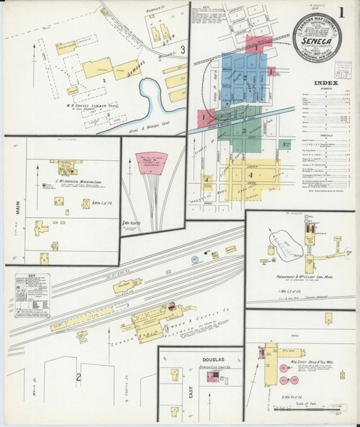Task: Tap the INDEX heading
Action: pos(325,83)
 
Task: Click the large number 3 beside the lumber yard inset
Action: pos(183,50)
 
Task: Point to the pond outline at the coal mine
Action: pos(287,246)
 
